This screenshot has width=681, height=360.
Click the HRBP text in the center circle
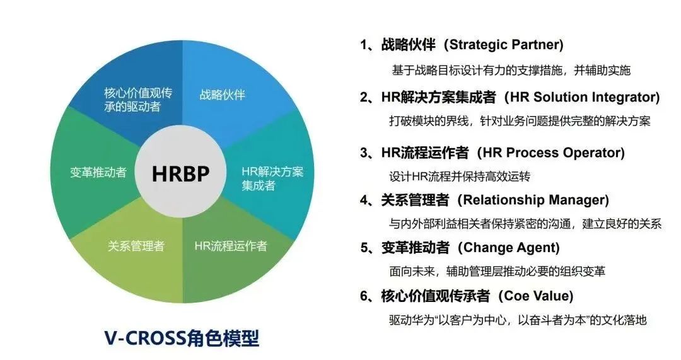[x=181, y=174]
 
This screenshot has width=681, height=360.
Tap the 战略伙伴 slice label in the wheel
[x=223, y=95]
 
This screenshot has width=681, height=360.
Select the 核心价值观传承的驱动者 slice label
[x=138, y=100]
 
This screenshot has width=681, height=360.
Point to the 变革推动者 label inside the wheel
[x=98, y=172]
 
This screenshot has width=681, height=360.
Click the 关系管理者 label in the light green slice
[x=136, y=247]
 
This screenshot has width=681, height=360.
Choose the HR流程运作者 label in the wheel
[x=231, y=247]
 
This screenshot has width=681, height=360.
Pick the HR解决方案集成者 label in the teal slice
[x=272, y=178]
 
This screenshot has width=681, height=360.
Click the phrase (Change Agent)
[x=509, y=248]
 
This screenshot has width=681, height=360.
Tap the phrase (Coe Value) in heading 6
[x=535, y=296]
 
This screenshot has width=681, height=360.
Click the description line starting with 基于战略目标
[x=511, y=71]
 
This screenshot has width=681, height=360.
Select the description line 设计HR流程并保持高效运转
[x=460, y=177]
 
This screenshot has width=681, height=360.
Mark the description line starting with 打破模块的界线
[x=520, y=120]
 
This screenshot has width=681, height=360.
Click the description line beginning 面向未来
[x=498, y=271]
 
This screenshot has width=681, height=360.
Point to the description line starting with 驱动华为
[x=518, y=320]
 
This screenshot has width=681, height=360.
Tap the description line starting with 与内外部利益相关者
[x=525, y=224]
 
